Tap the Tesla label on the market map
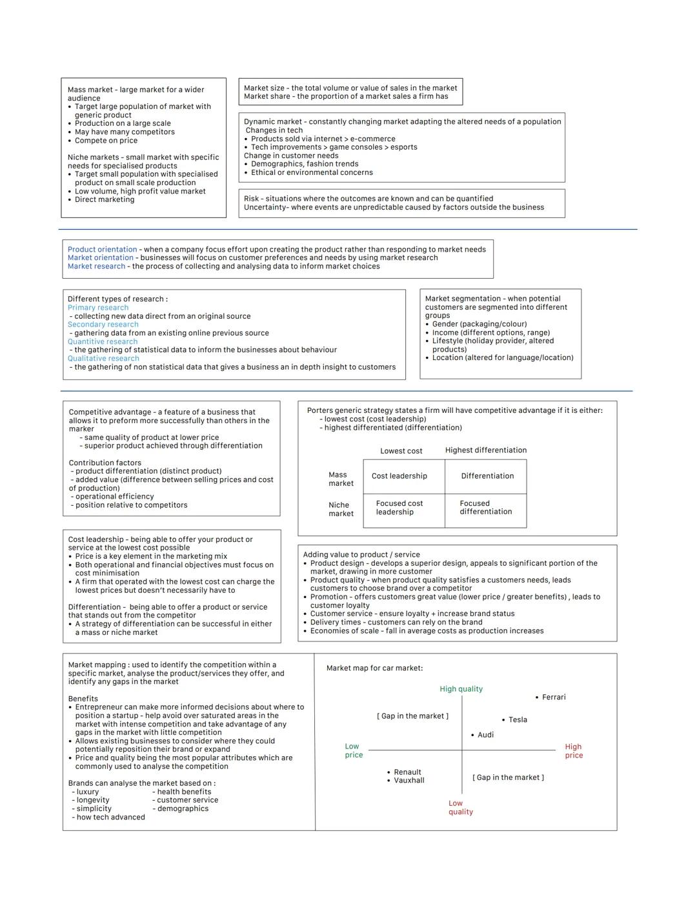(x=518, y=720)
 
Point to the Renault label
(x=407, y=772)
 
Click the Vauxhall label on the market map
(x=409, y=781)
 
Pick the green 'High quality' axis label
(x=461, y=689)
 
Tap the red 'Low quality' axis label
(x=461, y=808)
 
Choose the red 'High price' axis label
(x=573, y=751)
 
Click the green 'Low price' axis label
(x=353, y=750)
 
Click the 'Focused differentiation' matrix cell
(x=485, y=508)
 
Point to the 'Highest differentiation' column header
(x=485, y=450)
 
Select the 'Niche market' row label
(x=341, y=510)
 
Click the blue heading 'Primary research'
(x=98, y=308)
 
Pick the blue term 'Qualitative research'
(x=103, y=359)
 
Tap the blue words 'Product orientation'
(x=102, y=250)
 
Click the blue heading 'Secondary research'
(x=103, y=325)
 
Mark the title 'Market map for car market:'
(x=374, y=668)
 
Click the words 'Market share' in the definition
(x=267, y=97)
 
